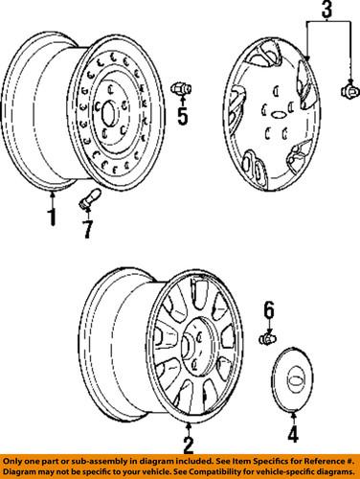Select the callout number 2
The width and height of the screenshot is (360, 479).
[188, 444]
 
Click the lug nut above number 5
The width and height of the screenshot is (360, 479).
[178, 89]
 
